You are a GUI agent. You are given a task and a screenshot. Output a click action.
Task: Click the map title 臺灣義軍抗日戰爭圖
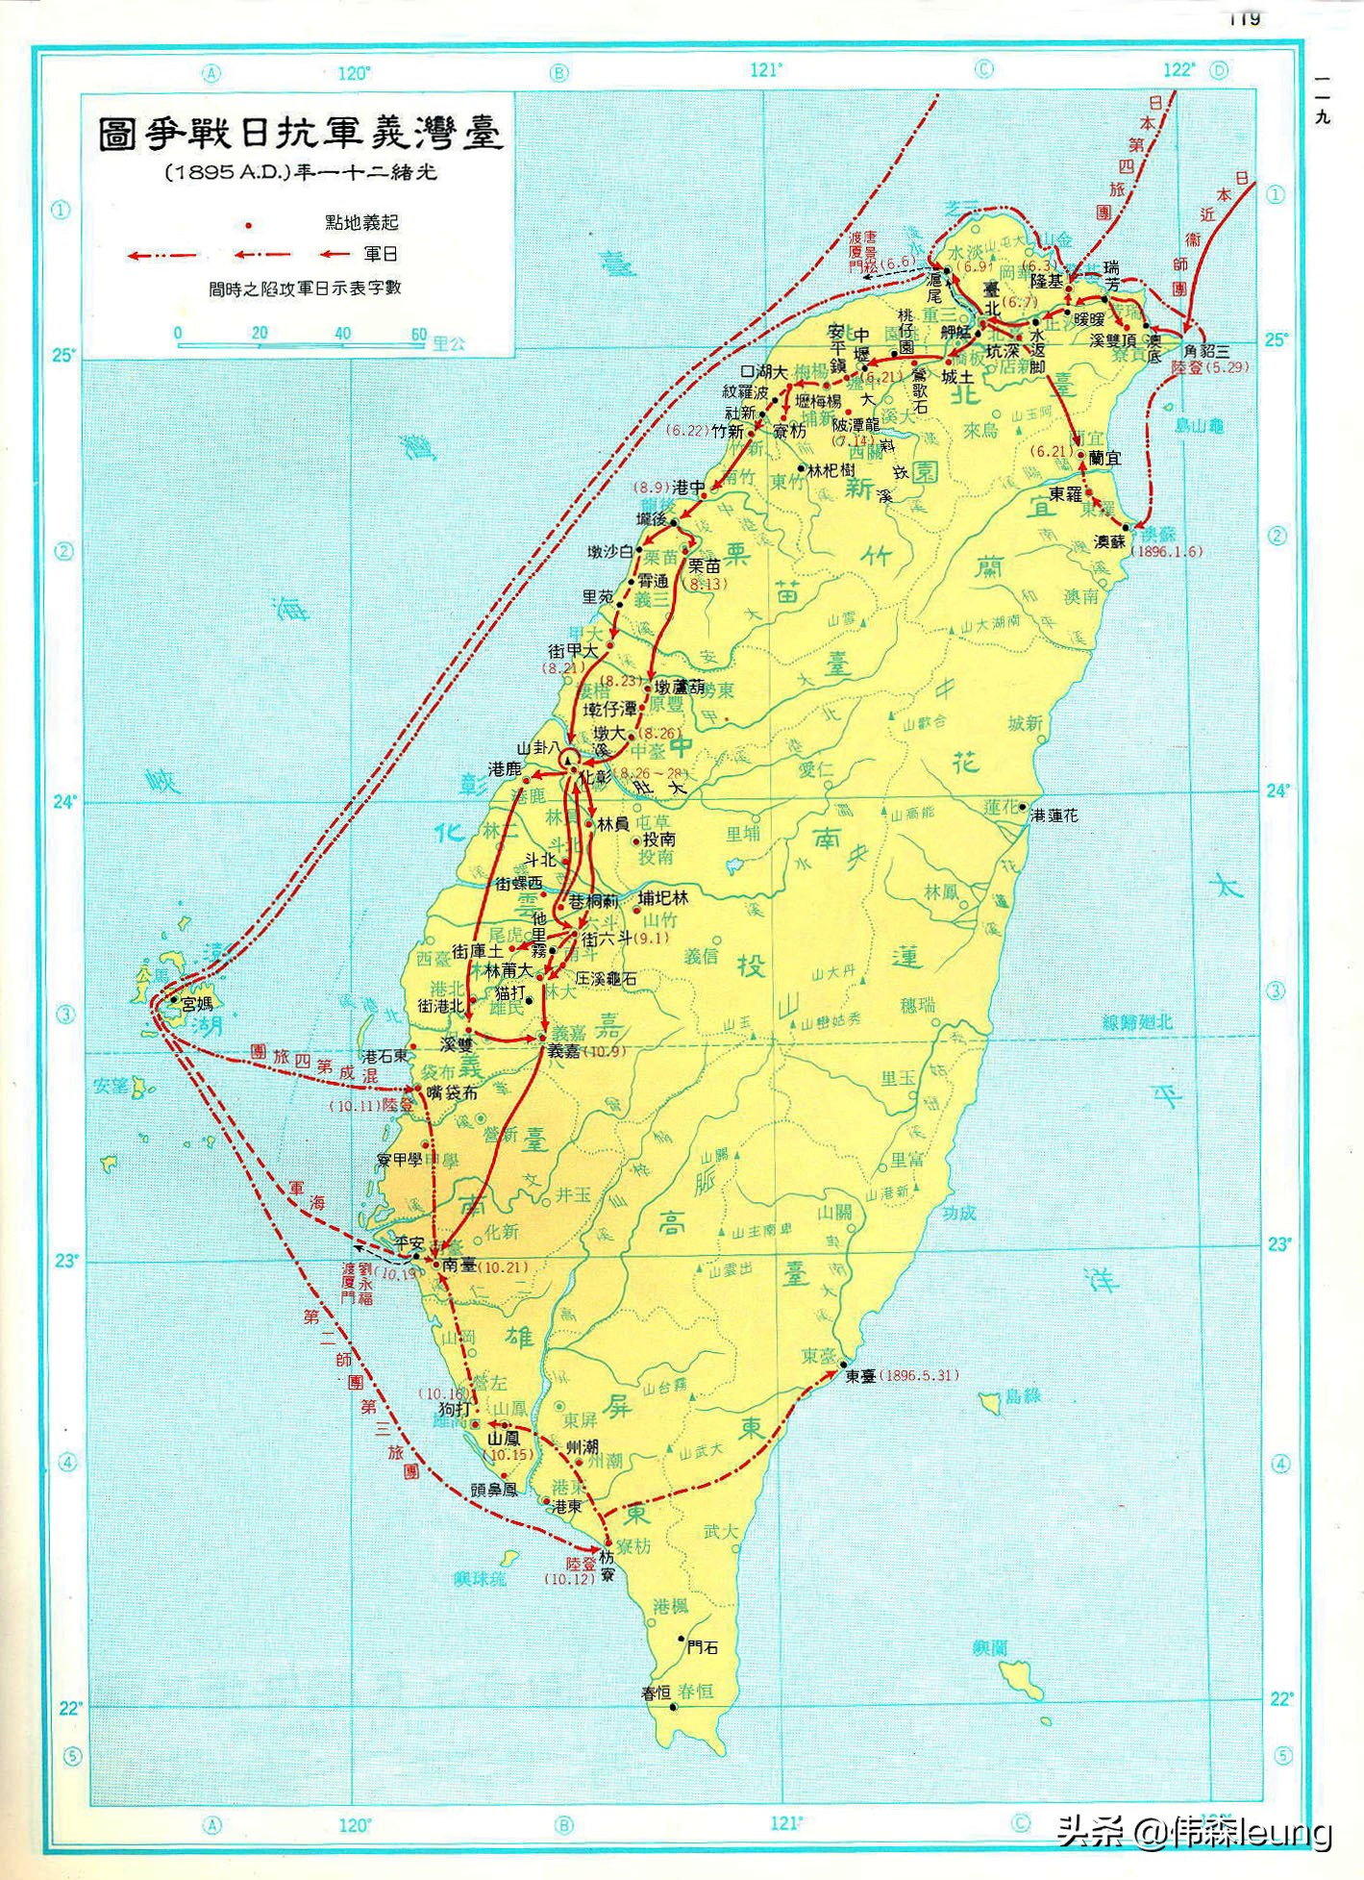(x=300, y=134)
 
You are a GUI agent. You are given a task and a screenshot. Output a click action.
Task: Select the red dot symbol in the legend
(x=249, y=225)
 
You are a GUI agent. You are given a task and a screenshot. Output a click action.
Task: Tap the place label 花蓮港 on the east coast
(x=1054, y=815)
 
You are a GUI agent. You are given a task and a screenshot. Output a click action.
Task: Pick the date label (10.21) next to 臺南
(x=503, y=1267)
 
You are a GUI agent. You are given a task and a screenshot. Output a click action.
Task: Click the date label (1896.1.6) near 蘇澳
(x=1165, y=552)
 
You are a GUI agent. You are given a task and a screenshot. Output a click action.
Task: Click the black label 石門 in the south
(x=702, y=1647)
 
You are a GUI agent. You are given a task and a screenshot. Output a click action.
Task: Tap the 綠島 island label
(x=1023, y=1395)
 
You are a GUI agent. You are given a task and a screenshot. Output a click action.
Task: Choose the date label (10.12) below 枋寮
(x=569, y=1579)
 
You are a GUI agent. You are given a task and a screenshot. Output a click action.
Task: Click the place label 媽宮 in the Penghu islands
(x=196, y=1004)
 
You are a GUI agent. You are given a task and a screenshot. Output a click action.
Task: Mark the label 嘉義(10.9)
(x=586, y=1051)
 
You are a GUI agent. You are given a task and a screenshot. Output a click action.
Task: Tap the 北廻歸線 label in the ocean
(x=1137, y=1022)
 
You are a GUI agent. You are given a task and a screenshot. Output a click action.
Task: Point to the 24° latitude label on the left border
(x=63, y=801)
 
